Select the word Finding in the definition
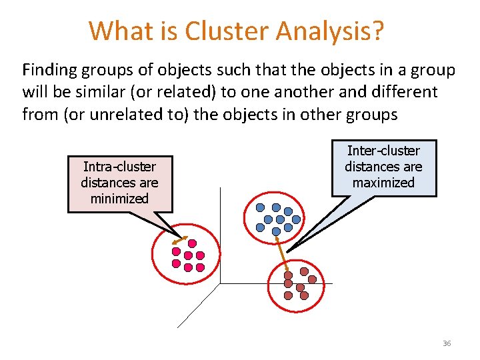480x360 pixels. [x=48, y=69]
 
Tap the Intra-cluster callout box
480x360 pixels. [x=120, y=184]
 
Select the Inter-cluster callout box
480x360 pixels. [x=383, y=167]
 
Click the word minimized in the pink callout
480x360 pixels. [x=120, y=199]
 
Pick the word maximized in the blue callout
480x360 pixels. [x=383, y=183]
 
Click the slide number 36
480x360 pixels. [x=446, y=343]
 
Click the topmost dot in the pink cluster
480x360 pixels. [x=192, y=243]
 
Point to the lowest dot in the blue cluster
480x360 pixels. [x=277, y=231]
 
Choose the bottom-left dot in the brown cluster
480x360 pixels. [x=288, y=295]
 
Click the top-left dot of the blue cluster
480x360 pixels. [x=261, y=207]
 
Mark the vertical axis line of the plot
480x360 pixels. [x=221, y=233]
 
